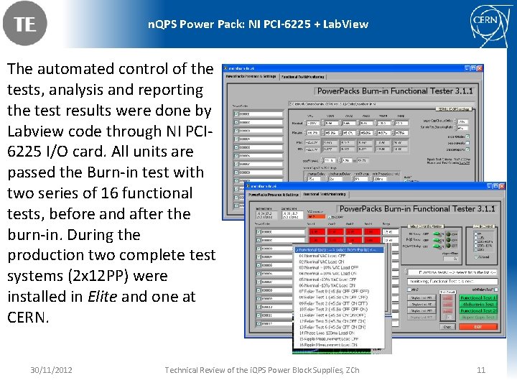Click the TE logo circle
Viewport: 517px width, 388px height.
tap(24, 24)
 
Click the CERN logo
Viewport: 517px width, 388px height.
tap(492, 24)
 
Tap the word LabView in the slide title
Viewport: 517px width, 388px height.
tap(345, 24)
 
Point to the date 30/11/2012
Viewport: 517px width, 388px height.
tap(51, 370)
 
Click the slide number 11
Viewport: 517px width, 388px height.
tap(481, 370)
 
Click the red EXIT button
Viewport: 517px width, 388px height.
tap(478, 326)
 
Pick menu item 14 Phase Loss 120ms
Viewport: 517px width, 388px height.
tap(332, 332)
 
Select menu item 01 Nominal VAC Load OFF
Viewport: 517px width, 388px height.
tap(330, 255)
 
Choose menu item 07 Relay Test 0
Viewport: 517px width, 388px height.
tap(332, 291)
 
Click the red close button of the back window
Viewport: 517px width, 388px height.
tap(480, 68)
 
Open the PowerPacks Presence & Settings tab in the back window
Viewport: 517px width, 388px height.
tap(251, 75)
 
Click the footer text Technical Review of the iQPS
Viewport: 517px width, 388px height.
tap(262, 370)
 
